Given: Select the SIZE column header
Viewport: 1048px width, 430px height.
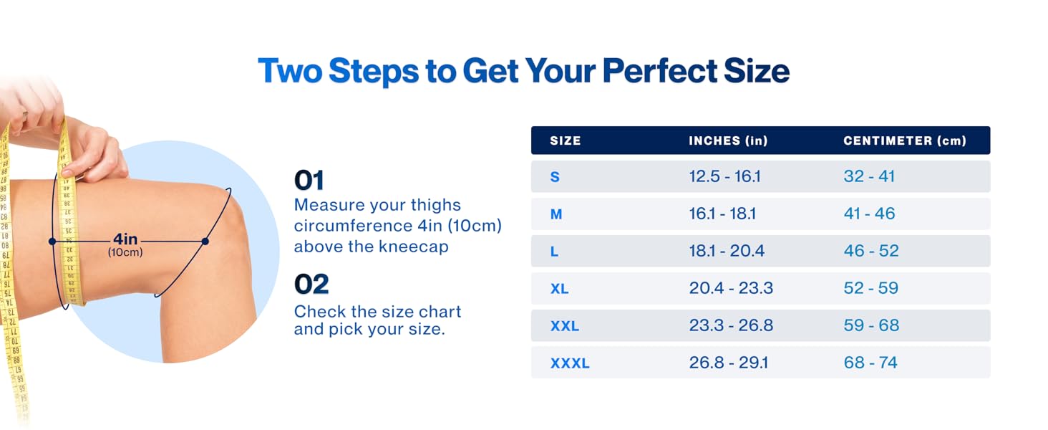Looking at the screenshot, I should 565,140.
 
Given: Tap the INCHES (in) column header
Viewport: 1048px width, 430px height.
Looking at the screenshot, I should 728,140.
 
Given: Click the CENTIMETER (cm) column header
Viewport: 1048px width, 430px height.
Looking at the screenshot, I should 905,140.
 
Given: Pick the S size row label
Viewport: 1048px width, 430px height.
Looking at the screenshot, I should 555,177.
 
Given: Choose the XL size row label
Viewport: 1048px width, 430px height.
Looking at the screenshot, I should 559,289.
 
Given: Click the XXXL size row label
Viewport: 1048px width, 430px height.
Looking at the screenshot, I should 570,363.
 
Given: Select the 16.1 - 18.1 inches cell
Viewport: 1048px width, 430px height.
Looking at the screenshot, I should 722,214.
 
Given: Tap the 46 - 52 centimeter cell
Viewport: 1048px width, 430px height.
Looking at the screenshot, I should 870,251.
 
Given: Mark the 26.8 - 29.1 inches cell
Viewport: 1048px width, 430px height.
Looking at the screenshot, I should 728,363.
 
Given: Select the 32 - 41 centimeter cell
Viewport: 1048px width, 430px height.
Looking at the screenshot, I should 869,176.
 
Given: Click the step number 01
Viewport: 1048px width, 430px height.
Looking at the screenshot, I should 309,181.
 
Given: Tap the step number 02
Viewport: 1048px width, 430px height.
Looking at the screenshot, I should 311,285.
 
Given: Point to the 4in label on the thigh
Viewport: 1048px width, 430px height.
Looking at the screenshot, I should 125,239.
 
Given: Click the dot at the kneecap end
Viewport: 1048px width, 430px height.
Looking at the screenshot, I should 205,242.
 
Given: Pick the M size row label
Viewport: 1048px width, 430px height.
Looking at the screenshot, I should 556,214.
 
